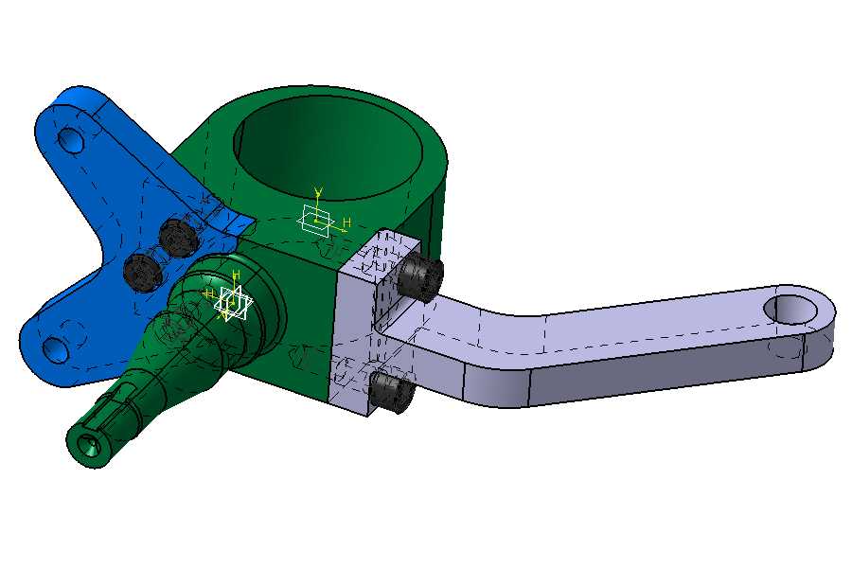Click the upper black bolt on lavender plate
pyautogui.click(x=419, y=277)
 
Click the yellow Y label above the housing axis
pyautogui.click(x=319, y=192)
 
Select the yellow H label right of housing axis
pyautogui.click(x=347, y=222)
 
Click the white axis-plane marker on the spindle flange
pyautogui.click(x=231, y=304)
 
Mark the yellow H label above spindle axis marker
pyautogui.click(x=237, y=275)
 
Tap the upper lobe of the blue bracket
pyautogui.click(x=80, y=118)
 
